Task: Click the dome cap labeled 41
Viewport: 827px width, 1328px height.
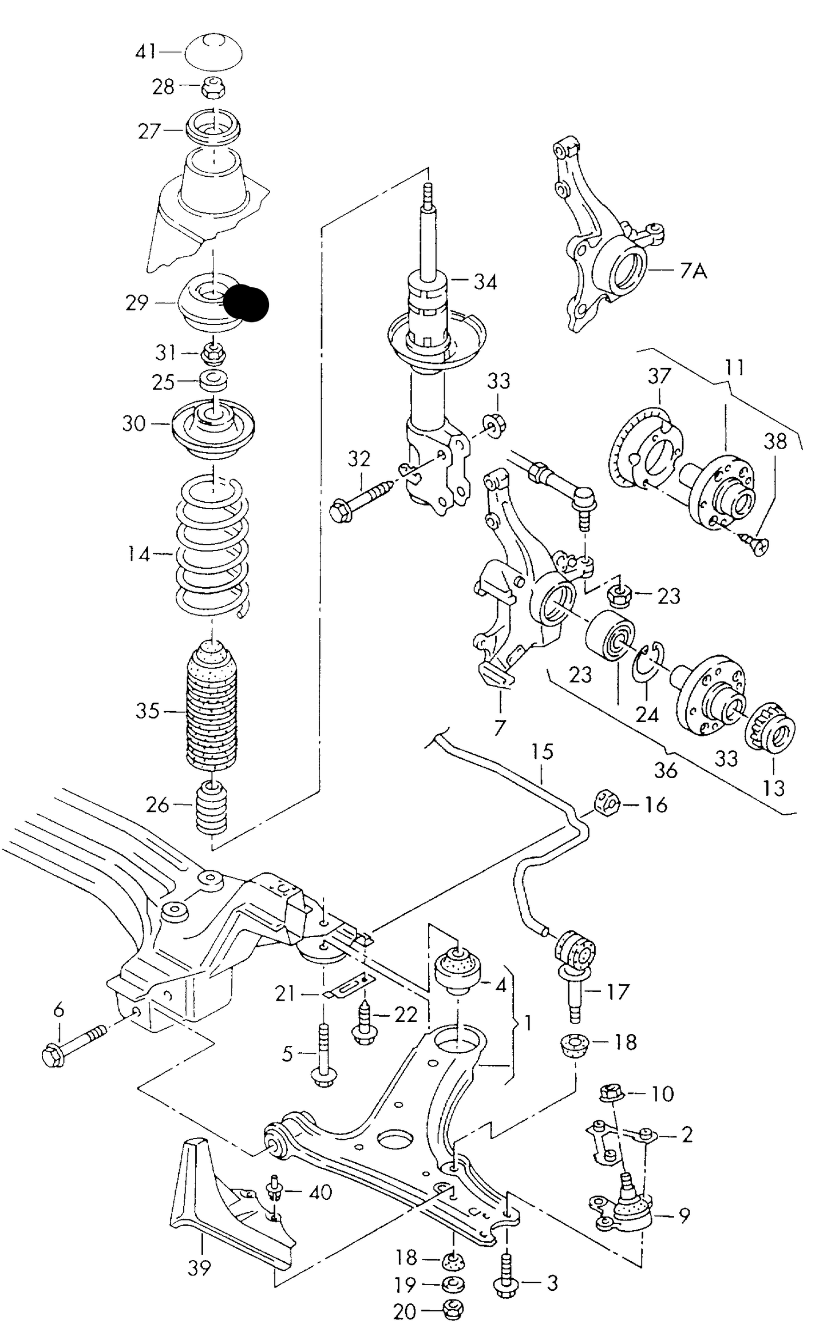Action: pos(213,53)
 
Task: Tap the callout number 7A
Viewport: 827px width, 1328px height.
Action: pos(694,270)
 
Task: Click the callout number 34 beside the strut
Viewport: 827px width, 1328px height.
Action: pos(485,282)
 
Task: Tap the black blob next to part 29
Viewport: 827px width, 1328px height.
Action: pos(246,303)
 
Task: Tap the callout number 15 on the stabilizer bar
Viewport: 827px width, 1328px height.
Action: pos(542,751)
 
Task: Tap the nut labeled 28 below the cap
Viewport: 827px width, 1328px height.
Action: pos(213,88)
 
